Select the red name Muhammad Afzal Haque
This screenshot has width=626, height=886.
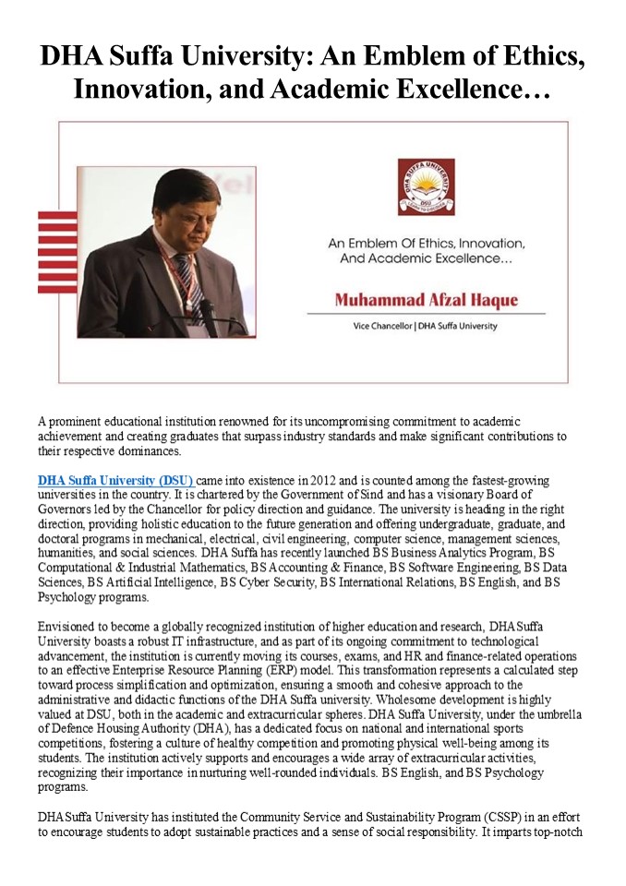426,300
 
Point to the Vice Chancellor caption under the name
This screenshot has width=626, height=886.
426,326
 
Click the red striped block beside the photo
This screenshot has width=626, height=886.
57,252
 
